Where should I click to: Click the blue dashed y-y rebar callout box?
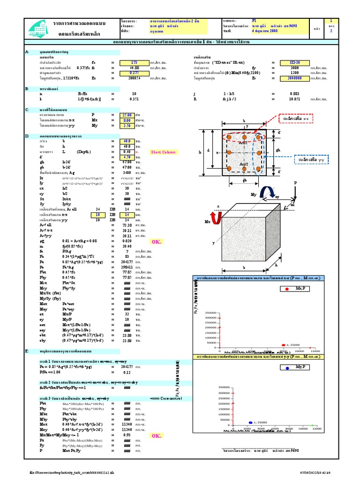point(311,160)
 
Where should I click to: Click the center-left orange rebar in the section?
point(230,153)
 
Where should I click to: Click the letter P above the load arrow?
point(295,182)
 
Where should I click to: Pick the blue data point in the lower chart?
point(250,422)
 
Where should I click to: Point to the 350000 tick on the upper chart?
point(211,312)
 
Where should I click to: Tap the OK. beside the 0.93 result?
point(156,435)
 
